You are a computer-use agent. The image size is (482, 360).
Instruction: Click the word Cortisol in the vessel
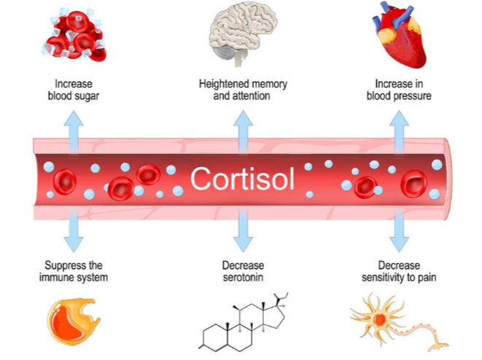point(242,177)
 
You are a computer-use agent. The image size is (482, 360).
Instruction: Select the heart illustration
point(398,33)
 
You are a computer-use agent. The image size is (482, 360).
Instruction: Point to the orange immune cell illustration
point(74,321)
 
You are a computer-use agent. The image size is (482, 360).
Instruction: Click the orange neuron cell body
point(380,318)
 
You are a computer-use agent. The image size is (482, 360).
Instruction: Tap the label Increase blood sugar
point(72,90)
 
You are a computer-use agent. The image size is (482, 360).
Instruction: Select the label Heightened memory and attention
point(243,90)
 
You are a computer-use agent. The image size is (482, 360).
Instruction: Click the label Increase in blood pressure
point(398,90)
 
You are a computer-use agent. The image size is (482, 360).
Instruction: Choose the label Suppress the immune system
point(72,270)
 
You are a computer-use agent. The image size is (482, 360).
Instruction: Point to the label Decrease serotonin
point(243,270)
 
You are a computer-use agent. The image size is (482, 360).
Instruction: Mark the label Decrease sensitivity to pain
point(398,270)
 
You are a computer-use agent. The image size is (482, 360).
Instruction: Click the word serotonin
point(243,277)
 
